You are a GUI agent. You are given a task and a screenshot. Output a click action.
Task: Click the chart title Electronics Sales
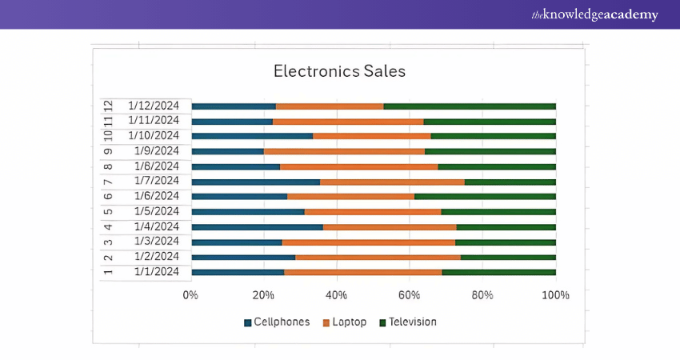coord(339,71)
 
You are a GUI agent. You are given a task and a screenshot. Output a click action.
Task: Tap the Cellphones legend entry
coord(276,322)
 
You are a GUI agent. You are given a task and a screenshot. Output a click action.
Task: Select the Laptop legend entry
coord(344,322)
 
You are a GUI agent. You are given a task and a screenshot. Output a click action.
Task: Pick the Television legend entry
coord(408,322)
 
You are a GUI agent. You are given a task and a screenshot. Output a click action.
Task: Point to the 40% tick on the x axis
coord(337,295)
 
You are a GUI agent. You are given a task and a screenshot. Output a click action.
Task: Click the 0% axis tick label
coord(190,295)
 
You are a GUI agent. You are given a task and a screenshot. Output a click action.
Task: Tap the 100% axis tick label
coord(555,295)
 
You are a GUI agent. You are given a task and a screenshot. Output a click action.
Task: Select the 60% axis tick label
coord(410,295)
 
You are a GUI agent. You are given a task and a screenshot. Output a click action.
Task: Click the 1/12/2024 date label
coord(163,106)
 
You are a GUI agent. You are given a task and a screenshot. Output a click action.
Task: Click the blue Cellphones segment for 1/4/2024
coord(257,227)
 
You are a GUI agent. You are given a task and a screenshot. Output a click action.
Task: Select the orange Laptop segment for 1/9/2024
coord(344,151)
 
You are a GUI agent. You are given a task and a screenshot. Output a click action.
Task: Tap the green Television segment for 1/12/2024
coord(469,106)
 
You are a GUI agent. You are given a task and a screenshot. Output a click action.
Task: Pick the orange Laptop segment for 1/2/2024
coord(378,258)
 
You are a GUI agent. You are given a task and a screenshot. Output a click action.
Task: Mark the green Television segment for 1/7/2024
coord(510,182)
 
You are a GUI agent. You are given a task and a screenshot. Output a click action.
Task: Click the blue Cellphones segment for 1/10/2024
coord(252,136)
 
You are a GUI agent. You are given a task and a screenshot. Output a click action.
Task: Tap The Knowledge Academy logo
coord(594,14)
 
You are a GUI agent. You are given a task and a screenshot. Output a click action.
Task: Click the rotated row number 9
coord(108,151)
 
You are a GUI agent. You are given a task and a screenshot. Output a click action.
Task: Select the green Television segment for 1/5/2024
coord(498,212)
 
